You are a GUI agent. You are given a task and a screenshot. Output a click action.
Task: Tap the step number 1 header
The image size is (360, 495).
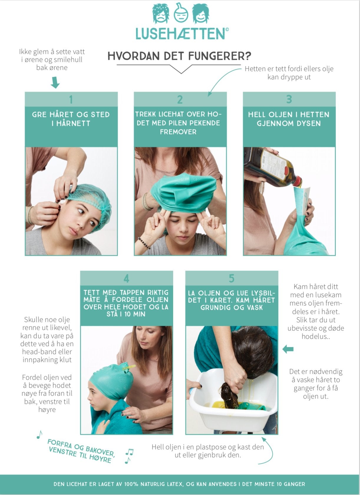click(x=71, y=99)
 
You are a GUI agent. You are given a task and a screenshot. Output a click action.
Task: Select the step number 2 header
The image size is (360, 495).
click(x=180, y=99)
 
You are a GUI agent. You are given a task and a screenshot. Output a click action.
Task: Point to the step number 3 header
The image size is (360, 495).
click(x=289, y=99)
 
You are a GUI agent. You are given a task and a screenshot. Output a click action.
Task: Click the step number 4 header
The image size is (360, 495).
click(x=126, y=278)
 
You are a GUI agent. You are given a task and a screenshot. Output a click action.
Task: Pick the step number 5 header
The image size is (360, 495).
click(x=232, y=278)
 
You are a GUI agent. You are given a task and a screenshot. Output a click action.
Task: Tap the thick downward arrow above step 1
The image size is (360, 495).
click(x=55, y=83)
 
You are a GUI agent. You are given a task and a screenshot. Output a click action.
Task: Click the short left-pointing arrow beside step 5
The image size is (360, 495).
click(x=288, y=349)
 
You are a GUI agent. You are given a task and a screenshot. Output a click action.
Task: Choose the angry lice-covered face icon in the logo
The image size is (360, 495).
click(x=161, y=13)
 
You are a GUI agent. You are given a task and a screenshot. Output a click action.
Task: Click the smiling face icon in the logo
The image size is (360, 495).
click(x=201, y=14)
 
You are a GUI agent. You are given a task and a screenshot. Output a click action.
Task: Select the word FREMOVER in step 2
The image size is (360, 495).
click(x=178, y=132)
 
